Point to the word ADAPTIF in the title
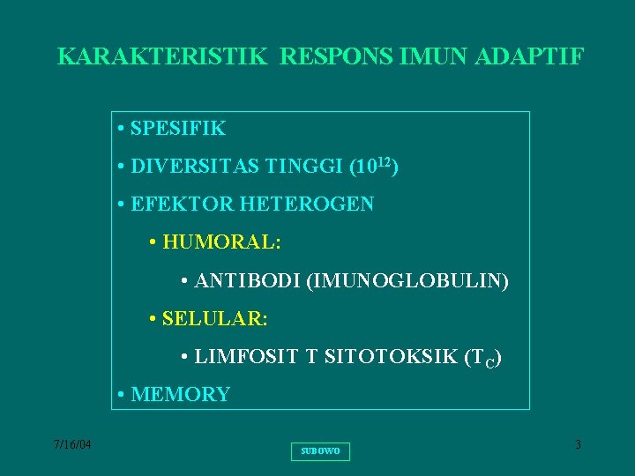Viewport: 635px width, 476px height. coord(529,57)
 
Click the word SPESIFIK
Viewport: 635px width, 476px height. coord(177,129)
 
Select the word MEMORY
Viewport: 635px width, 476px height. coord(180,395)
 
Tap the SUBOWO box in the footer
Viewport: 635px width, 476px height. coord(319,451)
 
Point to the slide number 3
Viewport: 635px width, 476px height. coord(578,445)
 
